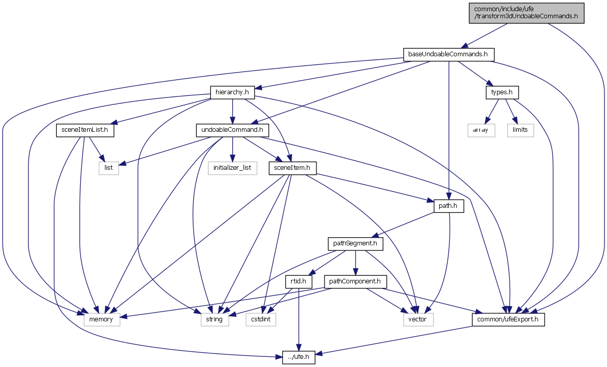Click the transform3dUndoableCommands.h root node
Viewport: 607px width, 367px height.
(x=526, y=12)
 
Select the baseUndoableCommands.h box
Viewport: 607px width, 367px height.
(x=448, y=54)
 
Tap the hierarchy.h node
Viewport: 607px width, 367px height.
(x=232, y=92)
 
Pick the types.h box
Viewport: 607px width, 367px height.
(x=502, y=92)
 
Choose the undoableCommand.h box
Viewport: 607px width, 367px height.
(x=232, y=130)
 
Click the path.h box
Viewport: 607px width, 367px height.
(x=449, y=206)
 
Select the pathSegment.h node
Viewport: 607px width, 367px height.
(x=355, y=244)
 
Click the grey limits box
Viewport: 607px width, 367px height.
(x=520, y=130)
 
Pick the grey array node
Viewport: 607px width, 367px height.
(x=481, y=130)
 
